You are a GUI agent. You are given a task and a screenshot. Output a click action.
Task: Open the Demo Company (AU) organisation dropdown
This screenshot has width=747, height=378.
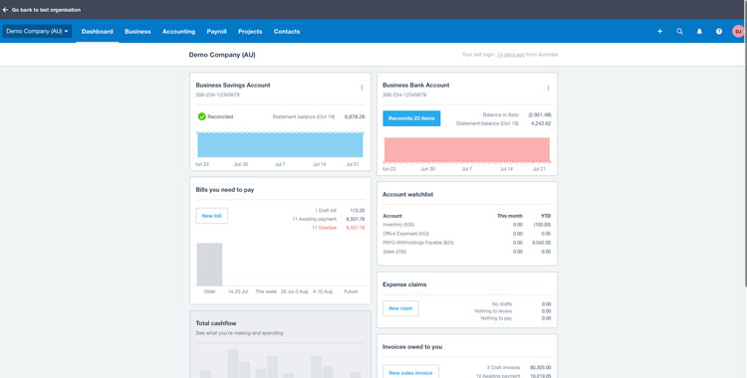tap(37, 32)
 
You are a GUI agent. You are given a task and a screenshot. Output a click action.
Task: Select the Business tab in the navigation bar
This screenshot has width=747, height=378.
tap(137, 32)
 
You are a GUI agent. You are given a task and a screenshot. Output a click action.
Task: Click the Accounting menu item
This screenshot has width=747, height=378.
tap(178, 32)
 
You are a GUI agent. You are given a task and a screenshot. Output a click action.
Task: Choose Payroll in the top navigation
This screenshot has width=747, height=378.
tap(216, 32)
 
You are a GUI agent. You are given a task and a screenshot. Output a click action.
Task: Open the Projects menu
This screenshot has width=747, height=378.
tap(250, 32)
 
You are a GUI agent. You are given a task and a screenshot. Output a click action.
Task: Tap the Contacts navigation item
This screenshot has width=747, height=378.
tap(287, 32)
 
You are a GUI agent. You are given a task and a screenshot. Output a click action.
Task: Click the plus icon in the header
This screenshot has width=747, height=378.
tap(659, 32)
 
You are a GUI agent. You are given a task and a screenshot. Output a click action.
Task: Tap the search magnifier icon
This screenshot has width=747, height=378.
tap(680, 32)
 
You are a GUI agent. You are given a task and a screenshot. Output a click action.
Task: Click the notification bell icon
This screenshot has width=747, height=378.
tap(699, 32)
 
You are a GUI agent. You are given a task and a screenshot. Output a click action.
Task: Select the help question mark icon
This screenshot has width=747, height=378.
tap(719, 32)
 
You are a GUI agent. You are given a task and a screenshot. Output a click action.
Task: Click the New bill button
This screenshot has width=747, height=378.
tap(211, 216)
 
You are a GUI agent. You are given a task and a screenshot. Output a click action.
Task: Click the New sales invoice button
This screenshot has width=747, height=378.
tap(410, 372)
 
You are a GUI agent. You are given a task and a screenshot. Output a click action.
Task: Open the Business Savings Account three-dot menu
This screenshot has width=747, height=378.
tap(362, 88)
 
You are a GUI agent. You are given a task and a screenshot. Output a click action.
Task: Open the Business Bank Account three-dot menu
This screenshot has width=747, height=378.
tap(548, 88)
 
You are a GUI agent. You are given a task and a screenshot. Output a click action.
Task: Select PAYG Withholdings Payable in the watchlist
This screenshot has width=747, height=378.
tap(418, 243)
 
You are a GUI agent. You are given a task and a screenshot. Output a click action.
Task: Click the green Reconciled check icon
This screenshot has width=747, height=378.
tap(201, 116)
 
